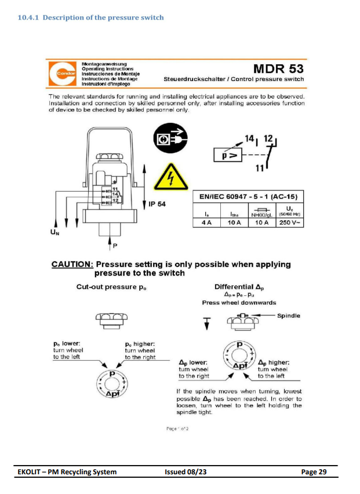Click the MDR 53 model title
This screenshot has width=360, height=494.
[278, 69]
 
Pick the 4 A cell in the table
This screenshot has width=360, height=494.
[206, 222]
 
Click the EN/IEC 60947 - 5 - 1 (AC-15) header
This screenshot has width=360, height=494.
[249, 197]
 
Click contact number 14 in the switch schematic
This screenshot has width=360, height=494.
[250, 139]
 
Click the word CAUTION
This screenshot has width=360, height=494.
[72, 264]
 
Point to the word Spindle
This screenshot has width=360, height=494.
[288, 316]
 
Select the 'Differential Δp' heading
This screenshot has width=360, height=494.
[239, 287]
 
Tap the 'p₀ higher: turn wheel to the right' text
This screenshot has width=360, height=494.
[140, 350]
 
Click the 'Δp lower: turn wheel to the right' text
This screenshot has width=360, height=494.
[194, 369]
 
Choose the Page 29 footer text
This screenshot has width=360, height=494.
[314, 472]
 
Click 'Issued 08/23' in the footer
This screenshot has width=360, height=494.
[186, 472]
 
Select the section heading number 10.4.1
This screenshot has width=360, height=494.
[28, 17]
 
